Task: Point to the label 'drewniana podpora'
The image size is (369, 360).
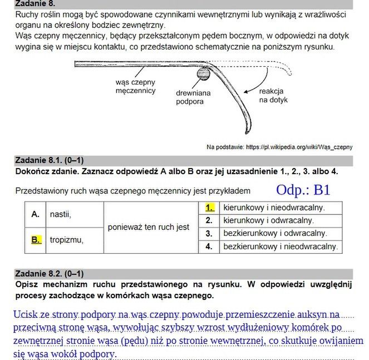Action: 193,97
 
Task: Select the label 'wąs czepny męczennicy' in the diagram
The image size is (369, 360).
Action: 135,86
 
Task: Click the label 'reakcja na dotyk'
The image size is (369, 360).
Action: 271,95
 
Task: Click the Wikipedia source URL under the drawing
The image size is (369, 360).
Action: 279,147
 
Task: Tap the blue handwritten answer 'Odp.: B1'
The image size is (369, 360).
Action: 303,190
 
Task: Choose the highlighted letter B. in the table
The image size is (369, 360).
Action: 36,240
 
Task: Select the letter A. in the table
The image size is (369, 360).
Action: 36,214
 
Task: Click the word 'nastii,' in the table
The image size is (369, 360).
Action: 61,214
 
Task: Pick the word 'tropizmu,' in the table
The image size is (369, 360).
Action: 66,240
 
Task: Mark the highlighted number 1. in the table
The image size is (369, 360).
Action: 209,208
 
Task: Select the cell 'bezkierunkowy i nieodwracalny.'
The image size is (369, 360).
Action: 281,246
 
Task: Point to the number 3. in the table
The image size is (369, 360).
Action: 209,234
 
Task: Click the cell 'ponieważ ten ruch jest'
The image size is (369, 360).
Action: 149,227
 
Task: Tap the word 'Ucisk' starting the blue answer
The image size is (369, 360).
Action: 24,314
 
